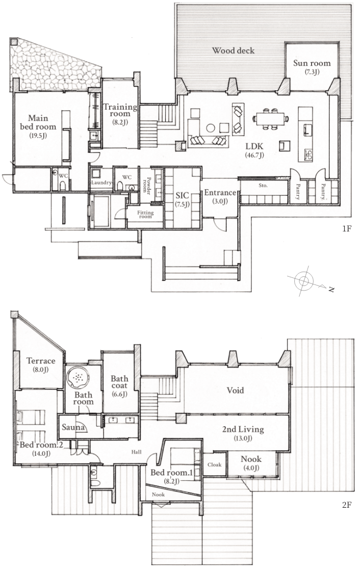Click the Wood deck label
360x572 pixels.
[x=234, y=50]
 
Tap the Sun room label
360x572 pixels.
[x=312, y=63]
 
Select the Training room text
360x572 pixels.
[x=120, y=110]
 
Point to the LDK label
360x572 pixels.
[x=254, y=146]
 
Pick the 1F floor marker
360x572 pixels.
[x=347, y=229]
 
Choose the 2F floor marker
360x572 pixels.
[x=347, y=505]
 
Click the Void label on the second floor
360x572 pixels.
[x=235, y=391]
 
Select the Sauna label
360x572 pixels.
[x=73, y=427]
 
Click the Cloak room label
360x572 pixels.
[x=214, y=464]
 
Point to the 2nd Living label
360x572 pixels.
[x=243, y=429]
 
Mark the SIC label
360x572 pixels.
[x=183, y=196]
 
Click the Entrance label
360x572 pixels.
[x=220, y=193]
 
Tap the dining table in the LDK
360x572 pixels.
[x=271, y=119]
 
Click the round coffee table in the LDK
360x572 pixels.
[x=211, y=127]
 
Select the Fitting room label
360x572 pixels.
[x=145, y=215]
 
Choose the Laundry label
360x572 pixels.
[x=101, y=183]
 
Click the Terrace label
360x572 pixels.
[x=41, y=361]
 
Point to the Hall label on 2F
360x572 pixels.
[x=137, y=452]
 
